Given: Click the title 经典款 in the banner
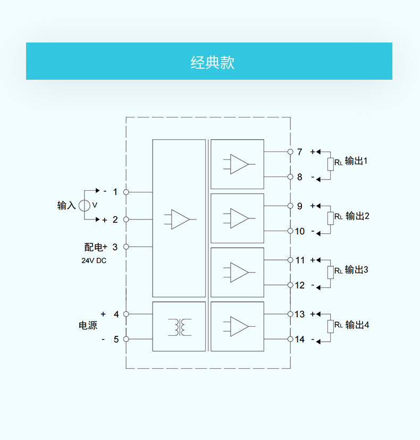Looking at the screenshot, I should point(212,62).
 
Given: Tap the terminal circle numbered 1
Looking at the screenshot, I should point(126,192).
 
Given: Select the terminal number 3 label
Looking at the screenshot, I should point(115,247).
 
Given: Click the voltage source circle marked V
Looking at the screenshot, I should point(84,205).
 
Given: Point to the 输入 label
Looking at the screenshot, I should point(66,206).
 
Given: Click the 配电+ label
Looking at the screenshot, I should point(96,247).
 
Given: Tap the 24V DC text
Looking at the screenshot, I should point(94,261).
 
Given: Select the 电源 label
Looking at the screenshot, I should point(88,326).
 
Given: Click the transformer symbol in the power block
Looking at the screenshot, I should point(179,327).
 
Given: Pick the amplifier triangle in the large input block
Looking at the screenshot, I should point(181,219).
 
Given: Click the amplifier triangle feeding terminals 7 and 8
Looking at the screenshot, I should point(239,164).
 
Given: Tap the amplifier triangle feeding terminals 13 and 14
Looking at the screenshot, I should point(239,326).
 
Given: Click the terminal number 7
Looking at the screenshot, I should point(299,152).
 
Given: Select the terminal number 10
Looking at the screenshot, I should point(300,231).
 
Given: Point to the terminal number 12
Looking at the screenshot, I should point(300,285).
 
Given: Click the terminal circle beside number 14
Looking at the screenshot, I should point(290,339).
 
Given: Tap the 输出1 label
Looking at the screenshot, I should point(356,161).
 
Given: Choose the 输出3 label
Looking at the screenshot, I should point(356,270).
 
